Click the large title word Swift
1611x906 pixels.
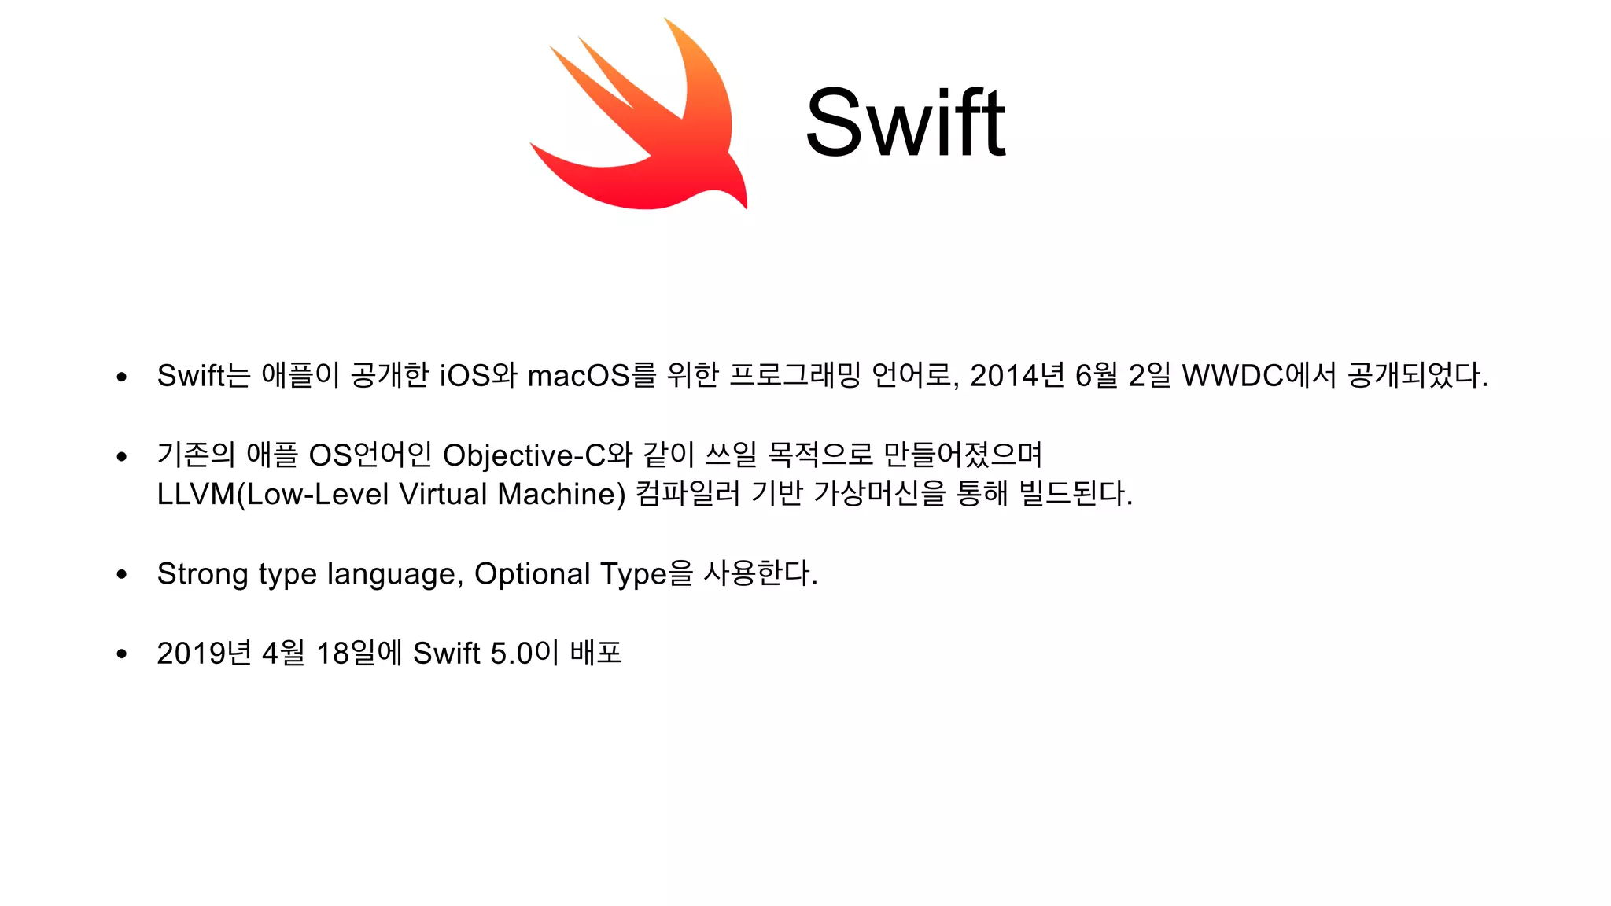[905, 123]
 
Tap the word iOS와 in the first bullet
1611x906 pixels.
[477, 375]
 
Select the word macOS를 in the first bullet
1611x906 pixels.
[591, 375]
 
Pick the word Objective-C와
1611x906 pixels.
[537, 455]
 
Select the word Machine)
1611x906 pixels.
[562, 494]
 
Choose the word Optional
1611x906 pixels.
[532, 574]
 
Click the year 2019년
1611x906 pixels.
[204, 654]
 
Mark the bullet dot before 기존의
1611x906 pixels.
[121, 456]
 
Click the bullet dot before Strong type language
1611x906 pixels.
[121, 575]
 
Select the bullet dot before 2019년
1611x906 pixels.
[121, 654]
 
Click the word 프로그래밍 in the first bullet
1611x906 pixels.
[794, 375]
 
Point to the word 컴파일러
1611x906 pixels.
[687, 494]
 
